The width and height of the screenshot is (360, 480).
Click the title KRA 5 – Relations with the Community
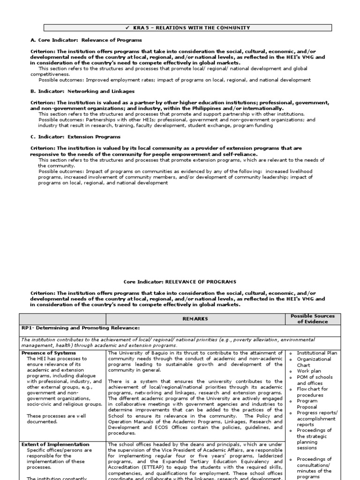click(183, 28)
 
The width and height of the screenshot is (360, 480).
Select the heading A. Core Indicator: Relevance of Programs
click(86, 40)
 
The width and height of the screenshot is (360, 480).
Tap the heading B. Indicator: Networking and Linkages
click(82, 91)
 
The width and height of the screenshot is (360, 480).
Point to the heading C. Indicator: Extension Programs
click(75, 137)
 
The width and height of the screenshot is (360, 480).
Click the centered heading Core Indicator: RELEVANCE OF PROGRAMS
click(180, 282)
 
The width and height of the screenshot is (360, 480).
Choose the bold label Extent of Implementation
click(55, 444)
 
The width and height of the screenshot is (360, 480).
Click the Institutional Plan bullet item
click(317, 353)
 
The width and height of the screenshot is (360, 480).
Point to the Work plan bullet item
click(309, 371)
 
